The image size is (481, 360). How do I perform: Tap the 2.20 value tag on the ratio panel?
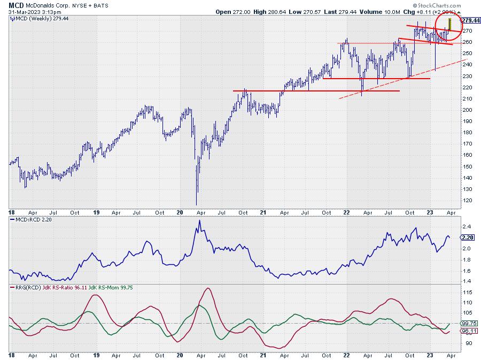(x=467, y=237)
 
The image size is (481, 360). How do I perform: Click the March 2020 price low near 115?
(x=197, y=204)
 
